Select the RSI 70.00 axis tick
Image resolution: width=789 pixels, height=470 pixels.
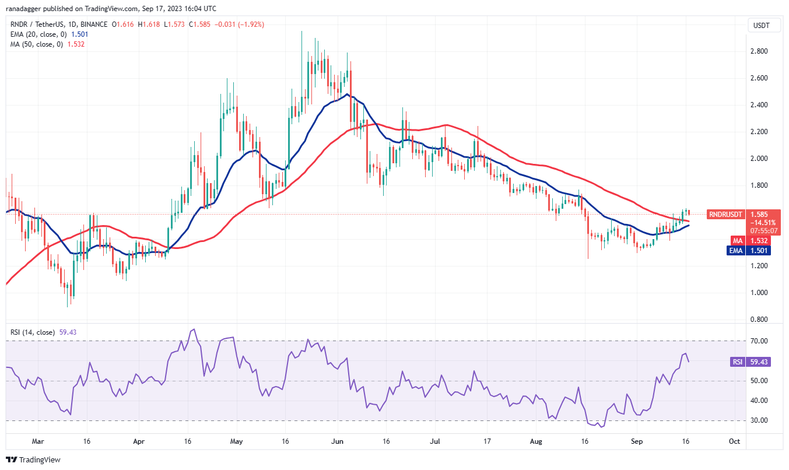[758, 341]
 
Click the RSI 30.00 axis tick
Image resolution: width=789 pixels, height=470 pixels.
[758, 420]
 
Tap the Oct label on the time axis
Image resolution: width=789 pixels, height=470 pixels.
[734, 441]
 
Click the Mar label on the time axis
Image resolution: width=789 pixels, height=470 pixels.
[38, 441]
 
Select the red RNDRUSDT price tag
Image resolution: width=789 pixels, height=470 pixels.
[725, 214]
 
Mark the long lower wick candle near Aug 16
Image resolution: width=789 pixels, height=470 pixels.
[588, 245]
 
